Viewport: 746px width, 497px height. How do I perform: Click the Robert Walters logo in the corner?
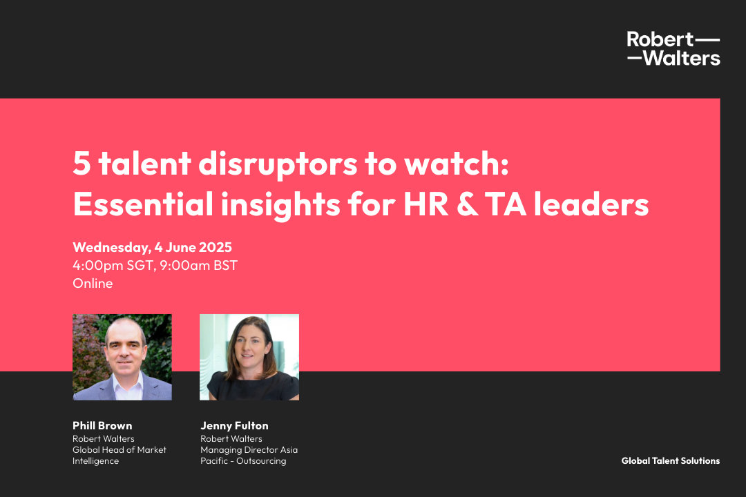point(673,48)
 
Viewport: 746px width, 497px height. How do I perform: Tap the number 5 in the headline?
point(82,164)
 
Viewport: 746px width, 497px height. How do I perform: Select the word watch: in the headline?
point(457,164)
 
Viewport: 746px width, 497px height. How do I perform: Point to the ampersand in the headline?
point(467,204)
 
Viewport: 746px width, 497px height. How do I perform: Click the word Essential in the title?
point(143,204)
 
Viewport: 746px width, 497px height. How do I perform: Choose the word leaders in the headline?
point(591,204)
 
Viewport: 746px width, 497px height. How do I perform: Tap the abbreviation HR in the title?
point(425,204)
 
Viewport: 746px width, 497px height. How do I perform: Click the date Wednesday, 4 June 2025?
point(152,247)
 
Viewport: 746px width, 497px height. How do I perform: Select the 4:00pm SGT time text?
point(113,265)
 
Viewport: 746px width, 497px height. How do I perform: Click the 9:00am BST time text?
point(198,265)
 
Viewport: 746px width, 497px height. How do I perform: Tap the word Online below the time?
point(93,284)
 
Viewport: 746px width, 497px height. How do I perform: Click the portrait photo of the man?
point(122,357)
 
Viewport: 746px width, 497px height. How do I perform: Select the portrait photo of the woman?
point(249,357)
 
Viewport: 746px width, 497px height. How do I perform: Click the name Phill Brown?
point(102,426)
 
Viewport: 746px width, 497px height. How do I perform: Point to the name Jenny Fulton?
point(235,426)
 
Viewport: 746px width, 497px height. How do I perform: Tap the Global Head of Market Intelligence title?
point(119,455)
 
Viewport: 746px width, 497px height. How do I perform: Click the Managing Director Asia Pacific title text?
point(249,455)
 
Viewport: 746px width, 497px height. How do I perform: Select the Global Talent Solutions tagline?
point(670,460)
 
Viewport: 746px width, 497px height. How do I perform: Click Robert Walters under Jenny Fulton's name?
point(231,438)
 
